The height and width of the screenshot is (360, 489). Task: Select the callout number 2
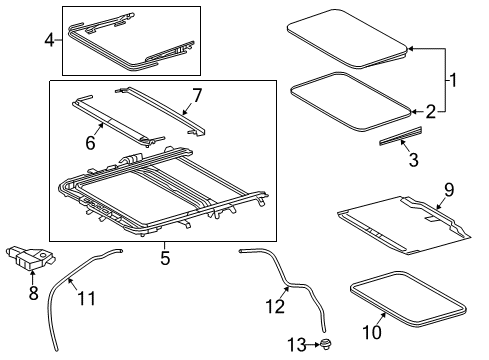tap(429, 111)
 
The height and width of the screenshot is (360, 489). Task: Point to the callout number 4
tap(49, 40)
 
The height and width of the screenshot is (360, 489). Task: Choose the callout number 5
tap(164, 258)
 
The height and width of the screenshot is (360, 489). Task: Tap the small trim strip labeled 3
tap(400, 136)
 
